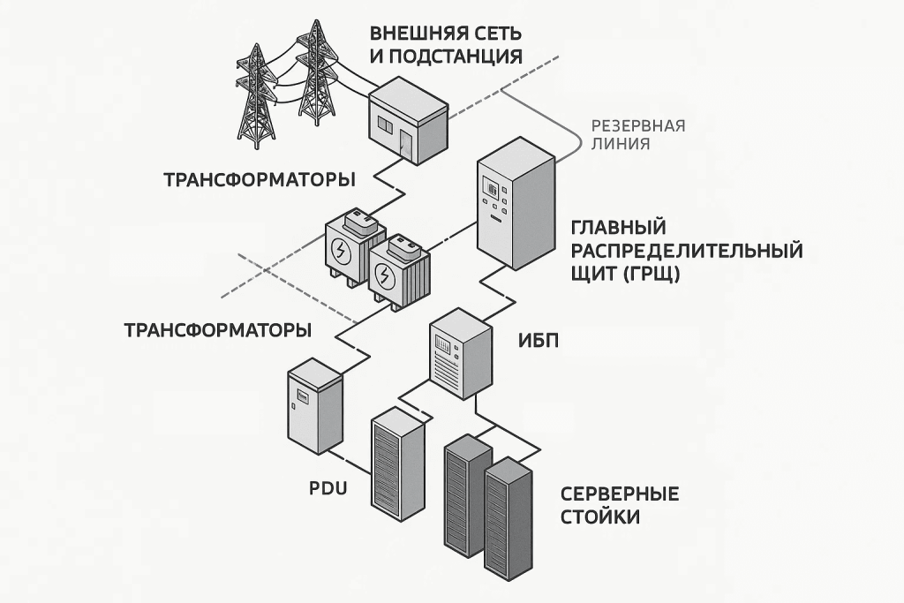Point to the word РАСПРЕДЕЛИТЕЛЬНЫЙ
[x=687, y=251]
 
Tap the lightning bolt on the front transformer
[x=384, y=279]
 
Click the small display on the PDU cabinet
[x=302, y=397]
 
